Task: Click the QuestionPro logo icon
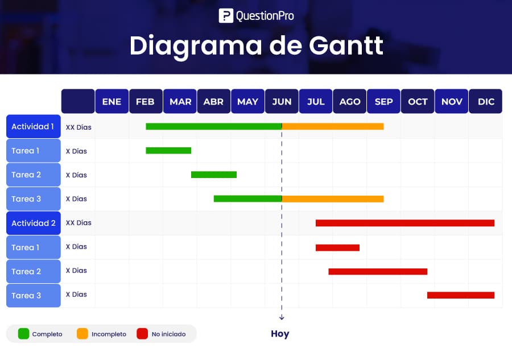pos(226,16)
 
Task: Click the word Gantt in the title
pos(346,45)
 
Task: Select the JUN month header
pos(282,101)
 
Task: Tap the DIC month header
pos(486,101)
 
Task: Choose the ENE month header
pos(112,101)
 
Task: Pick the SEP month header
pos(383,101)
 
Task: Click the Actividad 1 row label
pos(34,126)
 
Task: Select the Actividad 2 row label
pos(34,223)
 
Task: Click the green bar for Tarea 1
pos(168,151)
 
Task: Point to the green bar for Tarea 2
pos(214,175)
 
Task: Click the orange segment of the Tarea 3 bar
pos(333,198)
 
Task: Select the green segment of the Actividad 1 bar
pos(214,126)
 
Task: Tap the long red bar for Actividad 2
pos(405,223)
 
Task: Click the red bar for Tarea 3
pos(461,295)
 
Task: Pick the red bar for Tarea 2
pos(378,271)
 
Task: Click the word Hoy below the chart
pos(280,334)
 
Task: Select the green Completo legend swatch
pos(23,334)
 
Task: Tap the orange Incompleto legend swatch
pos(82,334)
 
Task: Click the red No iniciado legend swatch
pos(142,334)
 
